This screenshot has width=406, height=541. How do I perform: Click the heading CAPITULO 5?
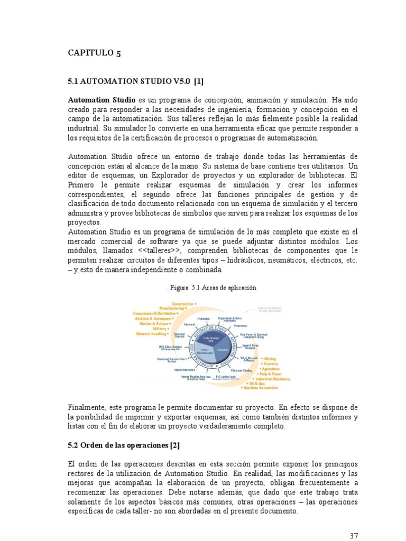coord(95,52)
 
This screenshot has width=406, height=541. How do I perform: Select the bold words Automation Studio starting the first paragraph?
coord(101,100)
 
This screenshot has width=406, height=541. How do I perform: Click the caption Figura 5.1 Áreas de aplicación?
coord(211,288)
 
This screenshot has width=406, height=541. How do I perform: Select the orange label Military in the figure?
coord(160,329)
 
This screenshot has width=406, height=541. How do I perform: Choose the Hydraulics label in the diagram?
coord(204,319)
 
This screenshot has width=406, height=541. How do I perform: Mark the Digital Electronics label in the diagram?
coord(186,370)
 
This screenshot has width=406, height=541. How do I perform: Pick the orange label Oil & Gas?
coord(257,384)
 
